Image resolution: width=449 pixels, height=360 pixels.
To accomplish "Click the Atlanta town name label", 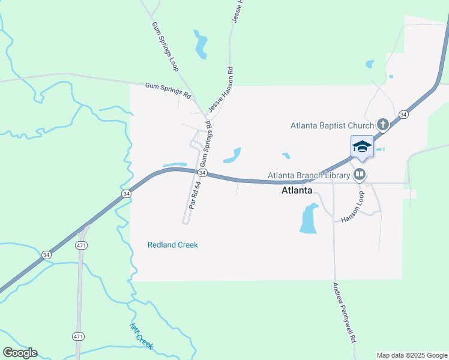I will click(297, 190).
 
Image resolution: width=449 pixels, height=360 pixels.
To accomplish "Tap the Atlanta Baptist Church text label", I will click(332, 125).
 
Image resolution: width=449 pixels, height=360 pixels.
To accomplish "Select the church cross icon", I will click(382, 125).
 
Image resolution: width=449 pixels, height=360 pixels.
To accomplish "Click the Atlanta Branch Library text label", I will click(309, 175).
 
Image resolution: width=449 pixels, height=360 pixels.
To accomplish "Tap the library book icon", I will click(360, 175).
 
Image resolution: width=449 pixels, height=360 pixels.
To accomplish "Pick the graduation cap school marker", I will click(362, 146).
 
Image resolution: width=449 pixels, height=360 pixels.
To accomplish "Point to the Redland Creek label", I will click(173, 245).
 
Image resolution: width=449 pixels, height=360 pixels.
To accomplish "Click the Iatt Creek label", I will click(142, 336).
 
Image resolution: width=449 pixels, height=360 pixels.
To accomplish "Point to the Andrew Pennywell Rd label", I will click(345, 312).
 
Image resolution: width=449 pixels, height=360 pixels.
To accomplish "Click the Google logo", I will click(20, 353).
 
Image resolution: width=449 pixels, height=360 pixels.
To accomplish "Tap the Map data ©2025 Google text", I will click(412, 355).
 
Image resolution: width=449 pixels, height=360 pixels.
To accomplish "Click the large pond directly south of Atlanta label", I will click(308, 219).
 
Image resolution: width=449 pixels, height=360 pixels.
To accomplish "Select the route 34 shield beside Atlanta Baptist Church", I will click(403, 114).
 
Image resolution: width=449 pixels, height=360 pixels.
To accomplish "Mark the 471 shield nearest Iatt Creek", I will click(78, 337).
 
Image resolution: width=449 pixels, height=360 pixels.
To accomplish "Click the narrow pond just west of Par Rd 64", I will click(175, 164).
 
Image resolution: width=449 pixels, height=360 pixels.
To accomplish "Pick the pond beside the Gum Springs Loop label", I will click(200, 44).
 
